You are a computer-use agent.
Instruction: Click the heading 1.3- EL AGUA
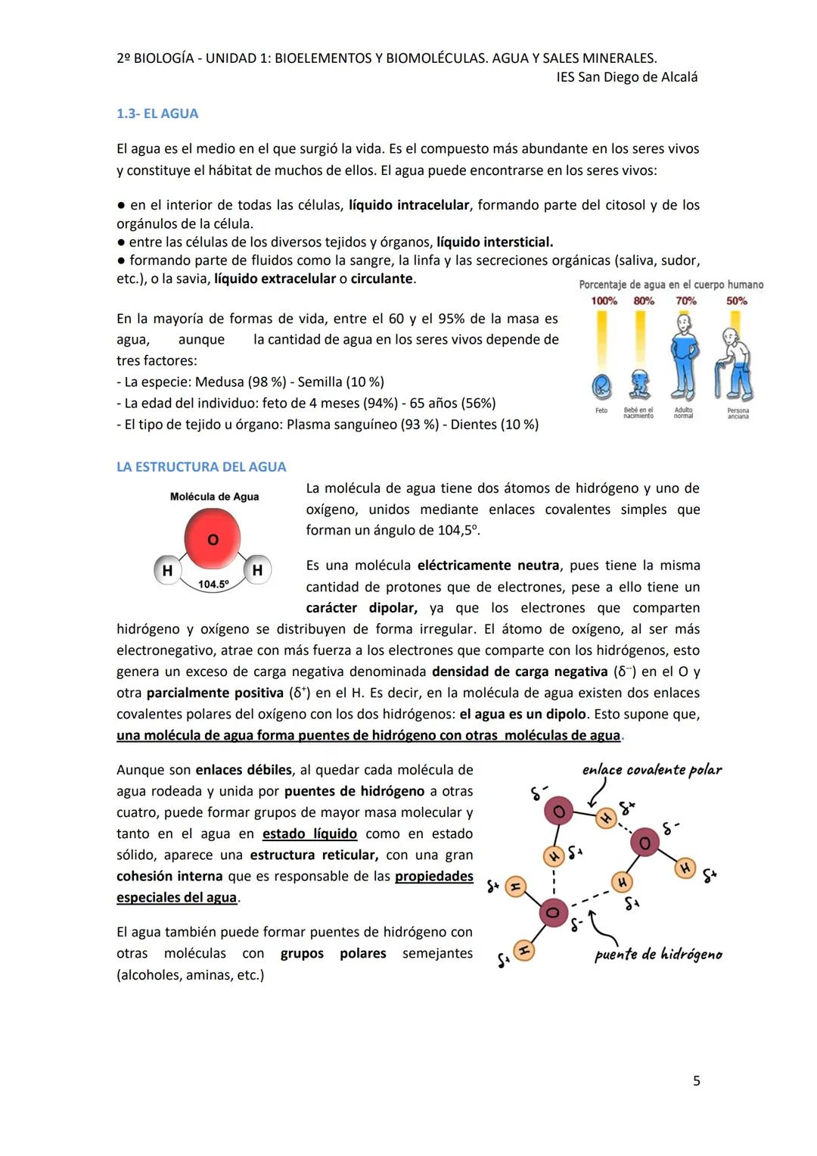(157, 114)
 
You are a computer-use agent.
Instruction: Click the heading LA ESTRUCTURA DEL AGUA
(201, 467)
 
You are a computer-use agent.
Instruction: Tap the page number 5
(696, 1081)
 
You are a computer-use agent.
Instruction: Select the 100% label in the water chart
(604, 301)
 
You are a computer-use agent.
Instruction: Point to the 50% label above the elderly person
(737, 301)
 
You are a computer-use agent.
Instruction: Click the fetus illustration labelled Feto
(601, 387)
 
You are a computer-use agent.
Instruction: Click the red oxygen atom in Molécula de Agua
(213, 538)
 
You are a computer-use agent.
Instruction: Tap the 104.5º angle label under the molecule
(213, 584)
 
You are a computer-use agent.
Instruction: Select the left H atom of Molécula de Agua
(167, 571)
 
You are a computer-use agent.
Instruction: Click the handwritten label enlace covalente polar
(651, 770)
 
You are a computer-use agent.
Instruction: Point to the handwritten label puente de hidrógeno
(658, 955)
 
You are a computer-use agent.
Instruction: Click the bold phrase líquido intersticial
(495, 242)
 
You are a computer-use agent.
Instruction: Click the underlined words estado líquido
(309, 834)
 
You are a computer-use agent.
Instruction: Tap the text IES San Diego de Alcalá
(626, 77)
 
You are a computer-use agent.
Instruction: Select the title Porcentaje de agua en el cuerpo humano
(671, 285)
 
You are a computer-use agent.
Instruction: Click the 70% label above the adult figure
(686, 301)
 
